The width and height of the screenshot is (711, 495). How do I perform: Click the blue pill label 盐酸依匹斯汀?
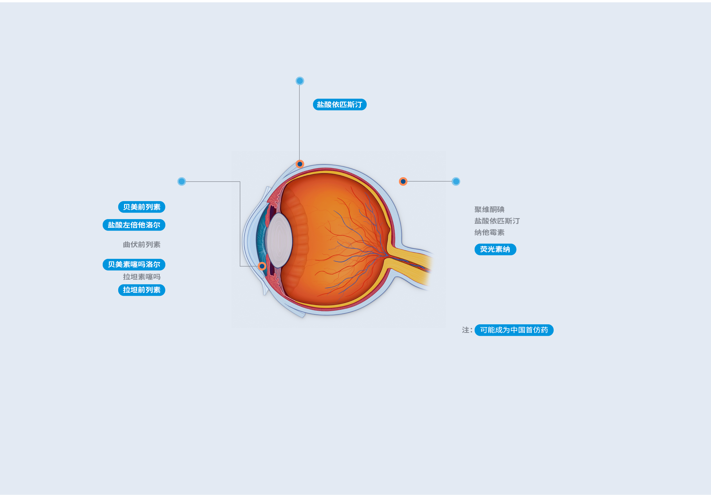point(340,105)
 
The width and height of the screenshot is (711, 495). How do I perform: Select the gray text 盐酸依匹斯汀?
point(497,221)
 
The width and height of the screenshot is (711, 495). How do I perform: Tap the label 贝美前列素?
point(141,207)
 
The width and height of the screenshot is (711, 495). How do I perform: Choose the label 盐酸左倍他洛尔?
point(134,225)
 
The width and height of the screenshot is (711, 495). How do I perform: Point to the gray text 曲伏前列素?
point(141,245)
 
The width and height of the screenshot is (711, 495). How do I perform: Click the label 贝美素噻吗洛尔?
point(134,264)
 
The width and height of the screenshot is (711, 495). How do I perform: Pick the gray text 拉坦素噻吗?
point(141,277)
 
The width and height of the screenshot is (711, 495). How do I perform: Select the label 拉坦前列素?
point(141,290)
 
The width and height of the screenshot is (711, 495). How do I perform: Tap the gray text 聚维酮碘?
point(489,209)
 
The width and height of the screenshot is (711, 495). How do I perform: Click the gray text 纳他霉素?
point(489,232)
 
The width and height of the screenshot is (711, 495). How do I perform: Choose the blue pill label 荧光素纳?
point(495,249)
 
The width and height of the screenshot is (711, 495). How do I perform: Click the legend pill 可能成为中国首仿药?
point(514,330)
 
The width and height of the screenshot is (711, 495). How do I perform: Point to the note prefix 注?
point(467,330)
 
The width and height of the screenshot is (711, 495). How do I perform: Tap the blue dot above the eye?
point(300,81)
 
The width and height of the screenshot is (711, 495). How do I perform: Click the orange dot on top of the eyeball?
point(300,164)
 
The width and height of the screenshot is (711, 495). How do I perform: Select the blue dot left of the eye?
point(181,182)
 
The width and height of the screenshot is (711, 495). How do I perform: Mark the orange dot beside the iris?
point(262,266)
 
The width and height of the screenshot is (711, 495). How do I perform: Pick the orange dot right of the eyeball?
point(403,182)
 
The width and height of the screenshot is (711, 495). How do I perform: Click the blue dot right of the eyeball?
point(456,182)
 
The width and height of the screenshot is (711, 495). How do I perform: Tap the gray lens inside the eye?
point(279,240)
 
